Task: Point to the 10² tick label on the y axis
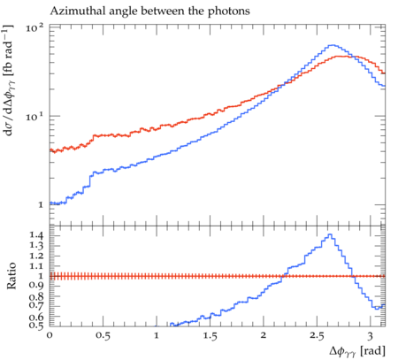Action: point(34,28)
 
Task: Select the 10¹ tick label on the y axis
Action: point(34,116)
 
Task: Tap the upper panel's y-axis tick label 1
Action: point(41,204)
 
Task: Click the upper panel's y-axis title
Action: point(9,80)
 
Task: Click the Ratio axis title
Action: point(11,276)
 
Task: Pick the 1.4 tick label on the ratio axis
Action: point(36,235)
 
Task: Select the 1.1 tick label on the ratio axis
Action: point(36,266)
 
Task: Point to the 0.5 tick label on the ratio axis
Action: point(36,325)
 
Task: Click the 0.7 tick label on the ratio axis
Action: point(36,305)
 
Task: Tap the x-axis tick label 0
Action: point(50,335)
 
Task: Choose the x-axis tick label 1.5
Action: point(210,335)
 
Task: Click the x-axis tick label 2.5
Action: point(317,335)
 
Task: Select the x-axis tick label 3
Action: point(370,335)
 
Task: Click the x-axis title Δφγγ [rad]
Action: point(357,351)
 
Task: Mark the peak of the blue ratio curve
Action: point(330,234)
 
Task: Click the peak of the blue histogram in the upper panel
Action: point(333,45)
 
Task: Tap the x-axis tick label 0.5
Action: point(103,335)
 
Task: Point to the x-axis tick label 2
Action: point(263,335)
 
